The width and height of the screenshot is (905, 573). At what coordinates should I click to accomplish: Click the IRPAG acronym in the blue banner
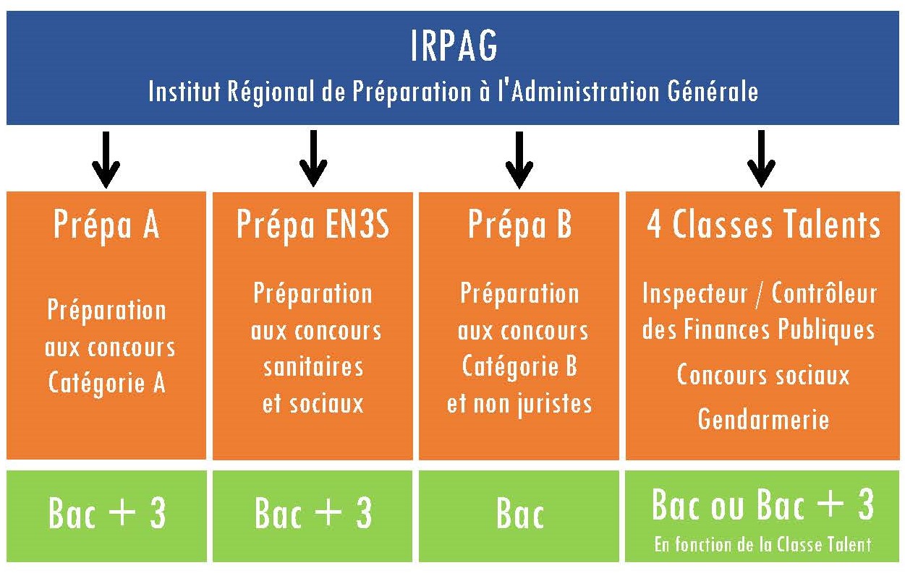click(x=454, y=46)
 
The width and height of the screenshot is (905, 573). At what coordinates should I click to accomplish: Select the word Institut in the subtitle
click(x=184, y=91)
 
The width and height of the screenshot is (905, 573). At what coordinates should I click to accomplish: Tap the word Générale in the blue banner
click(x=713, y=91)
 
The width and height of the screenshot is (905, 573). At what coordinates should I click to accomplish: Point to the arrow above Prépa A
click(x=106, y=160)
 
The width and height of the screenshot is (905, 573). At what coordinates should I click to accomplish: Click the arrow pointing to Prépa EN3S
click(x=313, y=158)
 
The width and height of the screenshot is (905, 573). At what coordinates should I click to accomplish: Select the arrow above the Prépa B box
click(x=519, y=160)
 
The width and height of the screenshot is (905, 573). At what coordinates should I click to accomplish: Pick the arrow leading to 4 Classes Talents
click(x=761, y=159)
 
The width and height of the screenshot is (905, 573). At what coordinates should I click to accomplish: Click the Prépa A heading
click(x=106, y=225)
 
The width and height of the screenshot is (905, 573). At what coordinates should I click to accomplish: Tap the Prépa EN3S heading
click(x=313, y=225)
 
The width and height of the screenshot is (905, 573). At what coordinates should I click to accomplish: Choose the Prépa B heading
click(x=519, y=225)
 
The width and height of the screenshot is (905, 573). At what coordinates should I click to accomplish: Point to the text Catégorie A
click(x=106, y=383)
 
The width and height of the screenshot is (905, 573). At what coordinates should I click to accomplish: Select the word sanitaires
click(x=313, y=367)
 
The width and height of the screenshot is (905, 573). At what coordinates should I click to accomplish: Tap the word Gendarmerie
click(x=763, y=419)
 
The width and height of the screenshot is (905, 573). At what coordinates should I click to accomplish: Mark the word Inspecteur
click(x=695, y=294)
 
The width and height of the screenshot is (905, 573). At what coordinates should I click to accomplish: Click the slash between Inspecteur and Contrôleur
click(x=760, y=294)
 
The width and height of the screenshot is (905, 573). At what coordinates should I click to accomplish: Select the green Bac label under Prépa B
click(x=520, y=514)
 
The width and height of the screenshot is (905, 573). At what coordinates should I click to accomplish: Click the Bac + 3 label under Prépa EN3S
click(x=313, y=513)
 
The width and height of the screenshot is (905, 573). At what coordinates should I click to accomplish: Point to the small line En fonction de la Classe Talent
click(x=762, y=545)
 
